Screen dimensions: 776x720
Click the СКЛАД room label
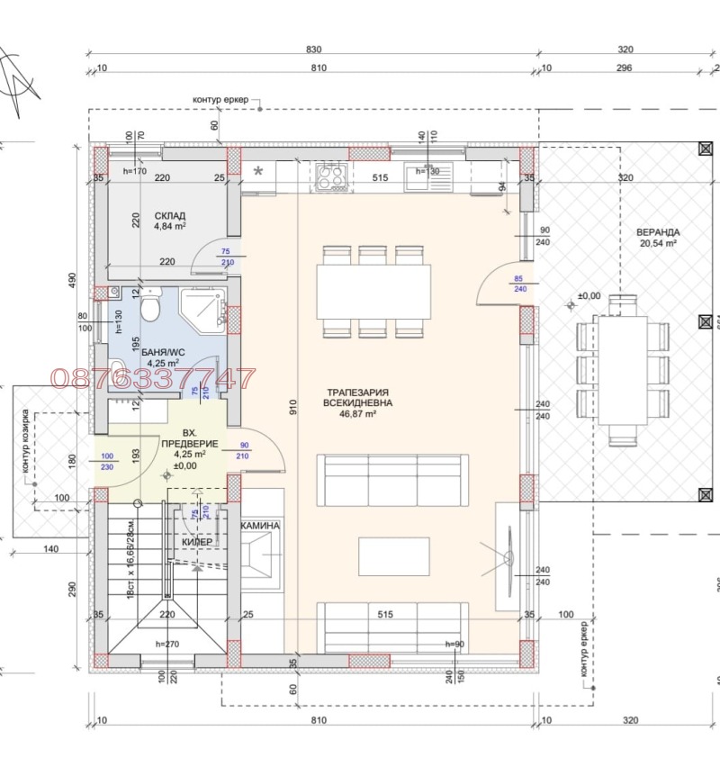tap(170, 216)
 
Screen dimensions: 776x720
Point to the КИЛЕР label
tap(197, 542)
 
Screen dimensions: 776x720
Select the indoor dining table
tap(372, 292)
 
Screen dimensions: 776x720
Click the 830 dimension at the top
tap(312, 50)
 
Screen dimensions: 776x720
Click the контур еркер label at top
tap(220, 100)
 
